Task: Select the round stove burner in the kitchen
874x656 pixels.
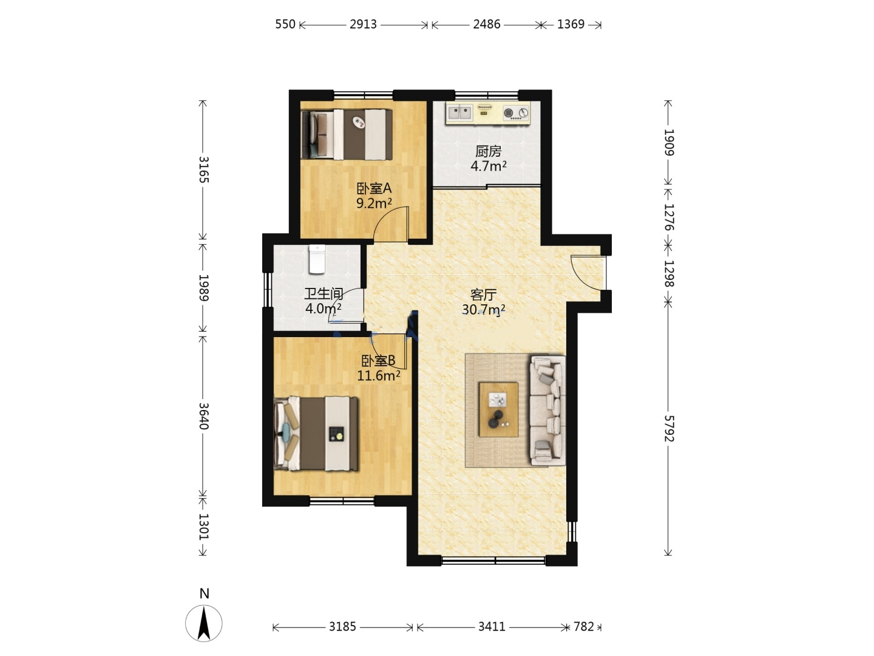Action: tap(508, 113)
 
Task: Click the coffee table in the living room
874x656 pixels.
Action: tap(498, 409)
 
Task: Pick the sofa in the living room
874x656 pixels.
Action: tap(547, 410)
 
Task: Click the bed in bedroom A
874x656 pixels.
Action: tap(347, 134)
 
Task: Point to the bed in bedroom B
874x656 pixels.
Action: tap(316, 434)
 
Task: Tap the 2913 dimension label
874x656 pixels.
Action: tap(363, 24)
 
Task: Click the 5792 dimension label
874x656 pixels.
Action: tap(669, 429)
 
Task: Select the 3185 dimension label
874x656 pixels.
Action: tap(342, 626)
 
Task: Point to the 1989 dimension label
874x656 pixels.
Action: tap(204, 287)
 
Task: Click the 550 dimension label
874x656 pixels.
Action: tap(285, 24)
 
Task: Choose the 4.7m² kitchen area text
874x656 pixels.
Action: tap(489, 166)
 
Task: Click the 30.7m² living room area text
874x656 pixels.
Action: tap(484, 310)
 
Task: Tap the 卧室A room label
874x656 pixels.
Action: tap(374, 188)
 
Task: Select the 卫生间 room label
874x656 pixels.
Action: tap(324, 294)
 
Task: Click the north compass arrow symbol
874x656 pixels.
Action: tap(204, 623)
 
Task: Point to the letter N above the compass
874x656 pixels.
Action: tap(205, 593)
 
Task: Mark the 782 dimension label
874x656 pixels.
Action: tap(584, 626)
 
